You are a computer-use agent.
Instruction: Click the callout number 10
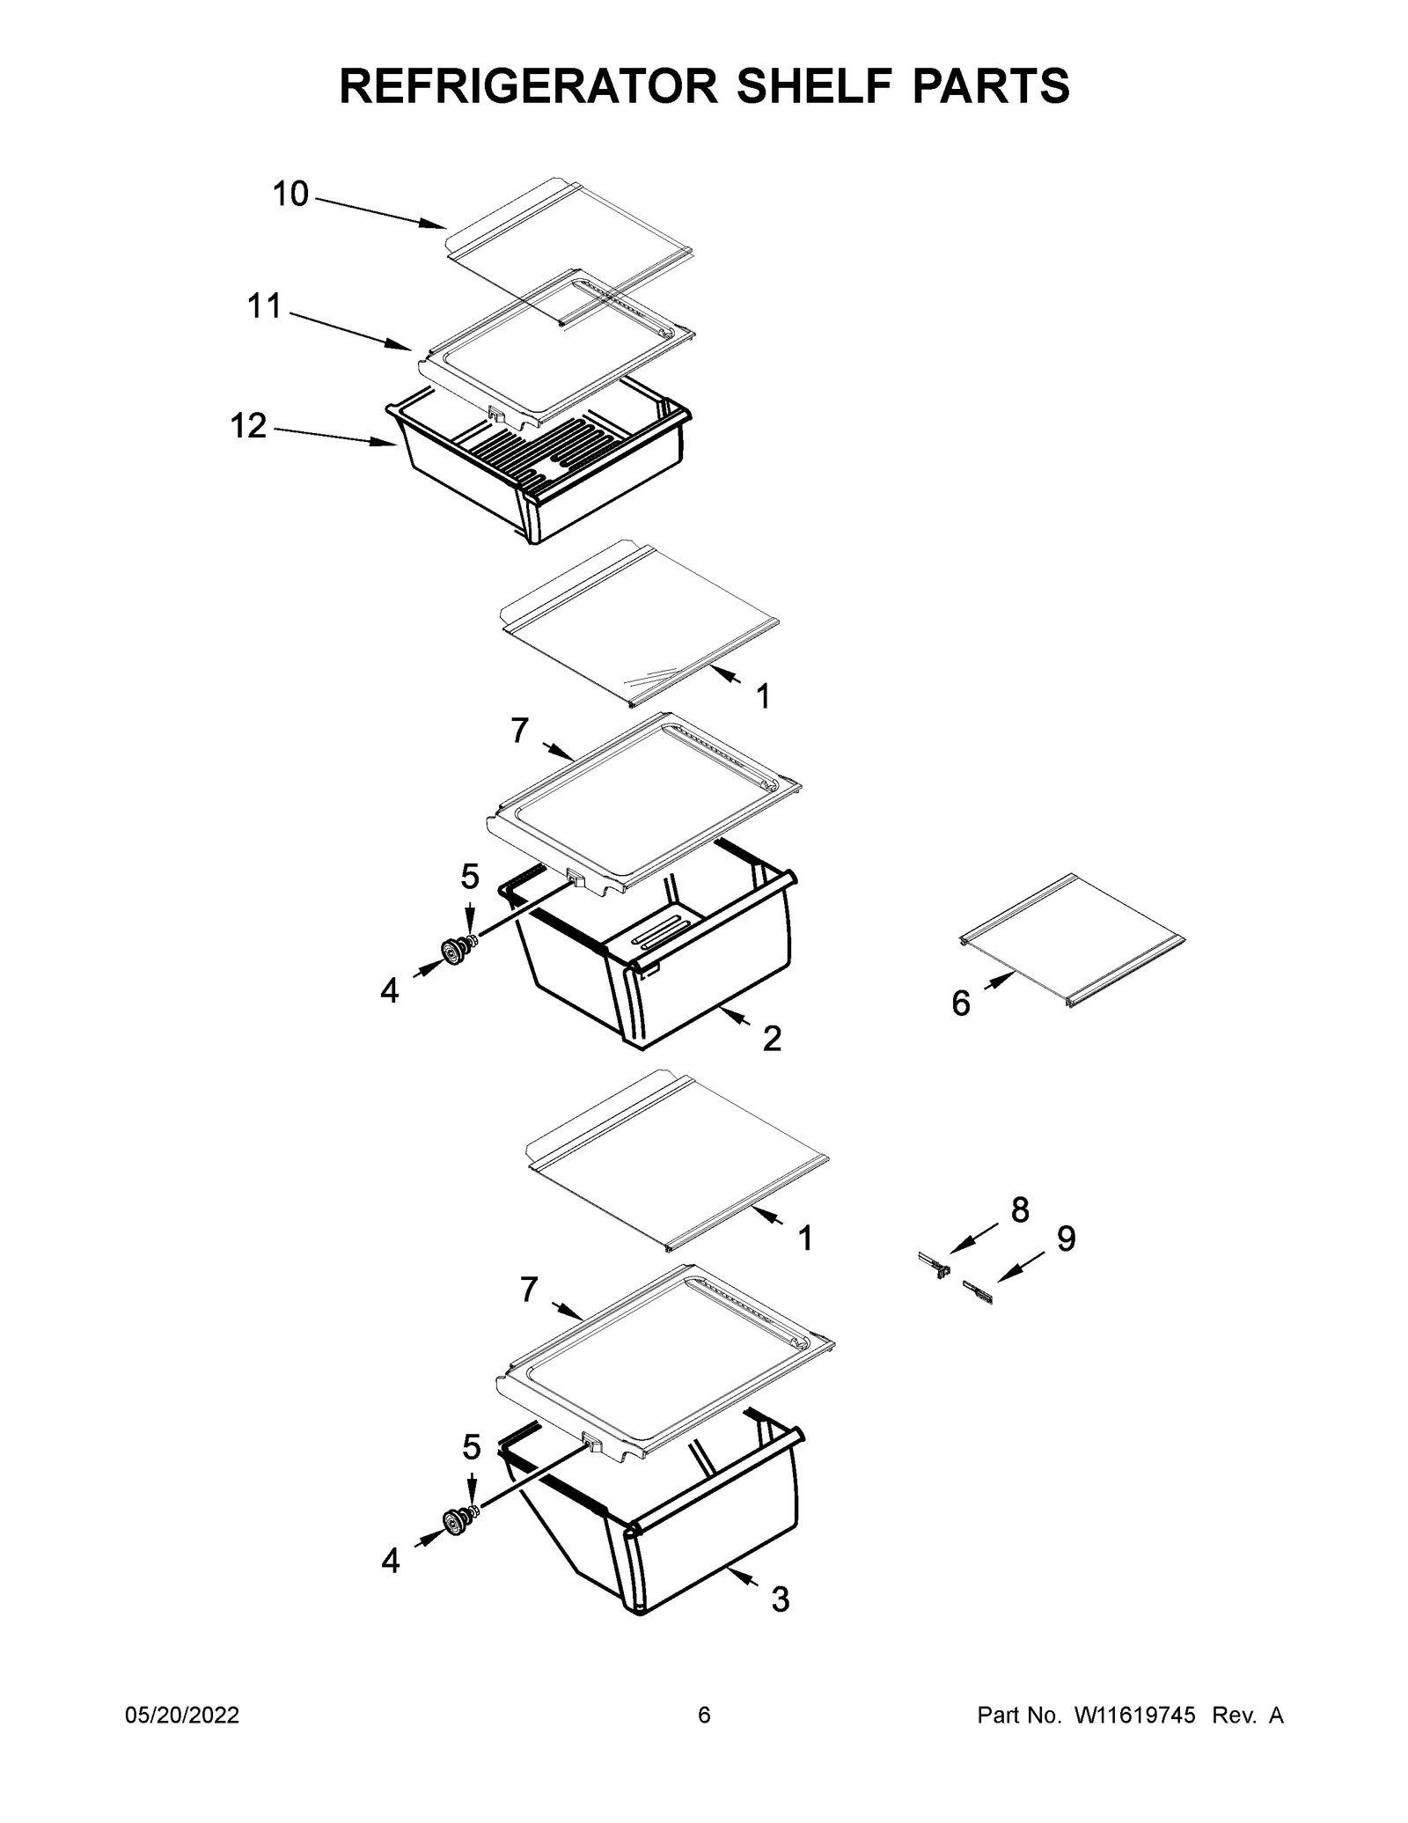coord(290,194)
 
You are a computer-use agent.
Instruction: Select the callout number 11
coord(264,306)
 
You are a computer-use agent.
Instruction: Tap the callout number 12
coord(248,426)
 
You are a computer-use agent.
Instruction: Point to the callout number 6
coord(961,1003)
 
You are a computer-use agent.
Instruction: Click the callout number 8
coord(1020,1210)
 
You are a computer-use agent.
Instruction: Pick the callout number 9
coord(1066,1239)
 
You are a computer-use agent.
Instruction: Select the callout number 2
coord(772,1039)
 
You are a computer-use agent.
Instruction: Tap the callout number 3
coord(781,1599)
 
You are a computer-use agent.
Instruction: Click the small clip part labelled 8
coord(935,1265)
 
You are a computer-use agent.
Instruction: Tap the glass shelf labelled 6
coord(1072,940)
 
